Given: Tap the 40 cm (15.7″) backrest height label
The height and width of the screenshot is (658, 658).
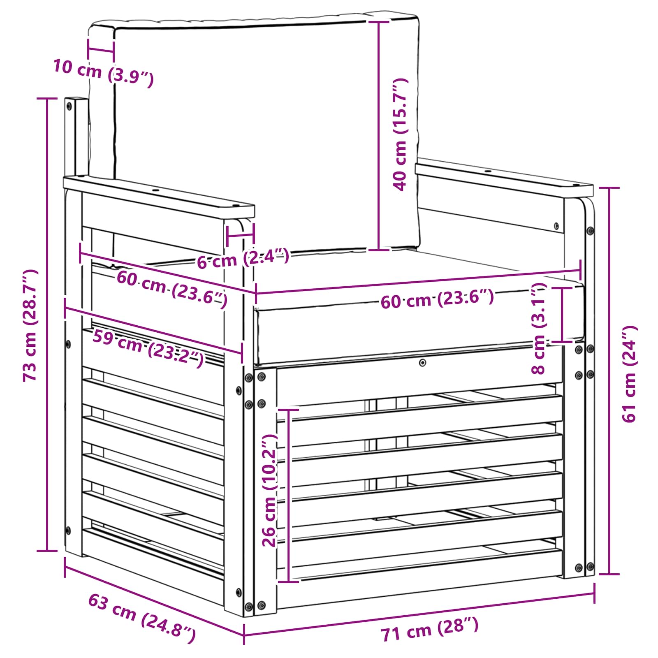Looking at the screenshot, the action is pos(400,134).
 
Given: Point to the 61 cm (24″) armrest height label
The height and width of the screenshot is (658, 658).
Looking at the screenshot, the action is pos(629,374).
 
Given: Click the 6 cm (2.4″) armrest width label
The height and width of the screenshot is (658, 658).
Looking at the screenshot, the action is pos(243,259).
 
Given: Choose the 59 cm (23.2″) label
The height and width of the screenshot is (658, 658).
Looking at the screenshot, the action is pos(148,348).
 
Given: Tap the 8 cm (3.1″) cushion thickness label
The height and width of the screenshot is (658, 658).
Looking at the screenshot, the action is pos(539,328).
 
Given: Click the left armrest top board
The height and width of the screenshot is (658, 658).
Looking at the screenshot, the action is pos(159,197).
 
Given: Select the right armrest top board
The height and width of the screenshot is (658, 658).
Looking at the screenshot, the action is pos(504,178).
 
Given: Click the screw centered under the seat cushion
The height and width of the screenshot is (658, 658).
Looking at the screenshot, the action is pos(422,363).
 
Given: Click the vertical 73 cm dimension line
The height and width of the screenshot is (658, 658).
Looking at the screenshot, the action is pos(47,324).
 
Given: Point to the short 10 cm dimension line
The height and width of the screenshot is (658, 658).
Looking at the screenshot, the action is pos(101,51).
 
